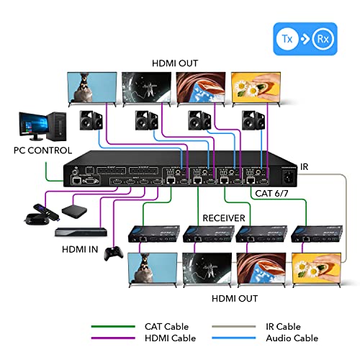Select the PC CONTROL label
pyautogui.click(x=42, y=151)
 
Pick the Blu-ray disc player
pyautogui.click(x=81, y=230)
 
